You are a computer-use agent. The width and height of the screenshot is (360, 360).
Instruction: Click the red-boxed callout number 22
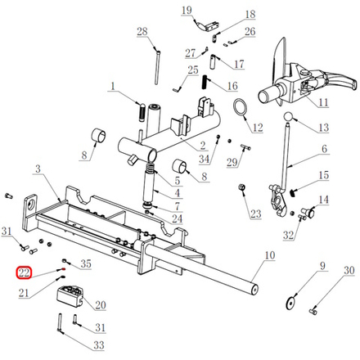click(x=24, y=272)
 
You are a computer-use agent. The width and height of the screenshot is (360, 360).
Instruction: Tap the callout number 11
click(x=323, y=102)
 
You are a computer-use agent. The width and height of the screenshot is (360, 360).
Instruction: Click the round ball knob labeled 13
click(x=288, y=117)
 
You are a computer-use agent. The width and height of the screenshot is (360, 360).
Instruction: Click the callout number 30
click(x=349, y=270)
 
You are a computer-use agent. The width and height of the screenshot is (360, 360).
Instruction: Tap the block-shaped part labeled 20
click(x=70, y=296)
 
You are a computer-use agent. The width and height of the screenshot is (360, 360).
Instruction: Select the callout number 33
click(x=99, y=345)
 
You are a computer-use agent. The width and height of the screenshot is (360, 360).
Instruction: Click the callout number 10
click(x=270, y=255)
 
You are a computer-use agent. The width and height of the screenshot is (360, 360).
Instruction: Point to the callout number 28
click(x=142, y=31)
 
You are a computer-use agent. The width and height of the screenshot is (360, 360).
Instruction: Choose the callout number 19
click(x=187, y=11)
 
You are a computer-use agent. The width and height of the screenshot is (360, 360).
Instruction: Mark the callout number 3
click(x=38, y=169)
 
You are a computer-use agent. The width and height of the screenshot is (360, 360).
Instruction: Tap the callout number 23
click(x=256, y=214)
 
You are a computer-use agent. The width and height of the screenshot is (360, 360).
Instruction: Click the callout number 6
click(x=324, y=149)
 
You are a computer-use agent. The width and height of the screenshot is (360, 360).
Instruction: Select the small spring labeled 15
click(x=292, y=193)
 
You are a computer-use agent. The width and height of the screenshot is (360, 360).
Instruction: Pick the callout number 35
click(x=86, y=263)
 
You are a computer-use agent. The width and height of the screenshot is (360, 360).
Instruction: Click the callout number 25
click(x=193, y=70)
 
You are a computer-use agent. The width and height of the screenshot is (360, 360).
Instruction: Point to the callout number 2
click(x=203, y=146)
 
